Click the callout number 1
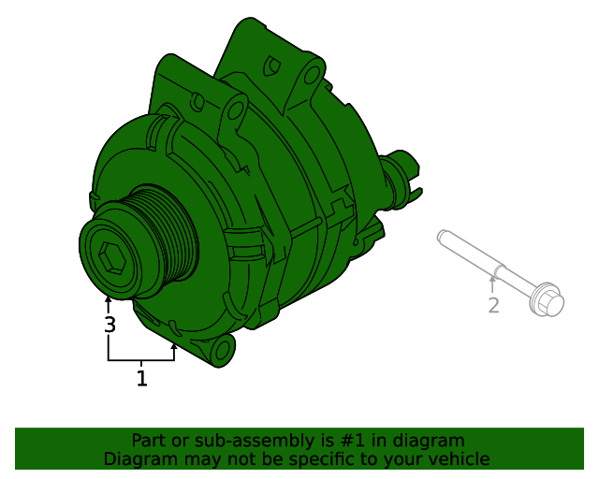[x=141, y=379]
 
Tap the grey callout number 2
[x=493, y=305]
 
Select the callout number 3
[x=110, y=326]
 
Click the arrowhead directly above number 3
[x=109, y=301]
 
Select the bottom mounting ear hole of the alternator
[x=221, y=351]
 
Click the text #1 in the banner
[x=357, y=441]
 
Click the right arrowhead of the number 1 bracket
[x=174, y=345]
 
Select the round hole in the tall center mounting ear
[x=234, y=113]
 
